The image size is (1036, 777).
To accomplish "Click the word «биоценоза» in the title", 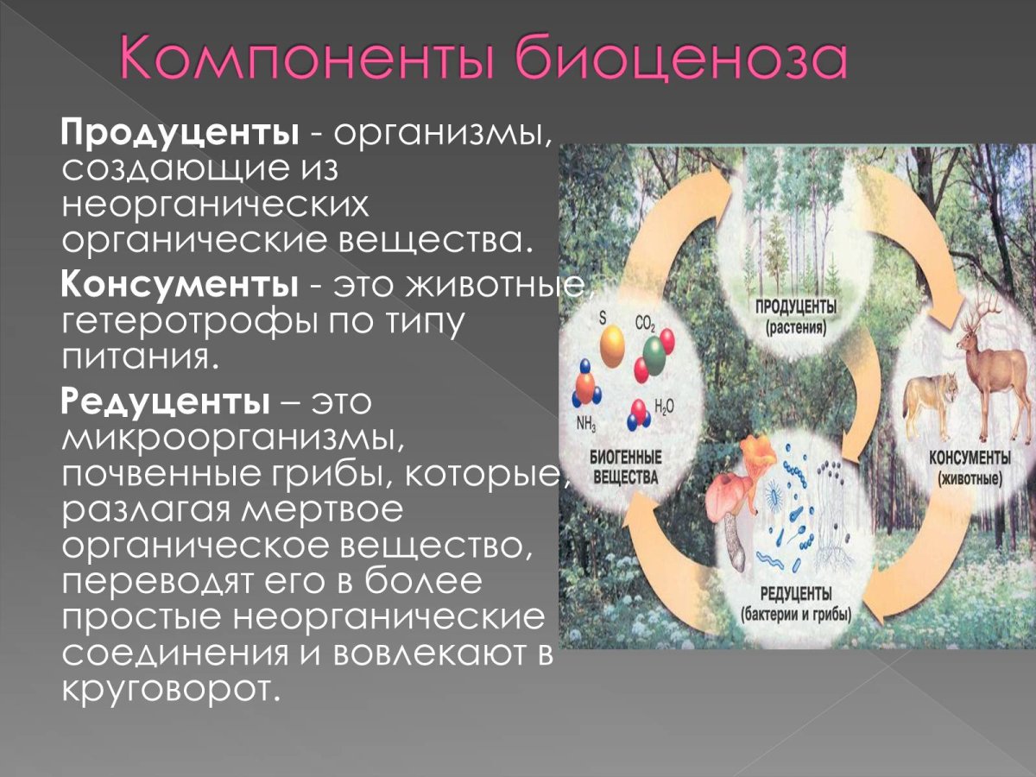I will click(x=664, y=60).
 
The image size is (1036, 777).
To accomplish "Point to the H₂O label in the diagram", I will click(x=665, y=405).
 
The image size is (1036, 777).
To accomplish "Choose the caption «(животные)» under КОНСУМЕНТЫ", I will click(x=969, y=477).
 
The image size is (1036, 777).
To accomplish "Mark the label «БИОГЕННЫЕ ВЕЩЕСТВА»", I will click(x=626, y=466).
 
